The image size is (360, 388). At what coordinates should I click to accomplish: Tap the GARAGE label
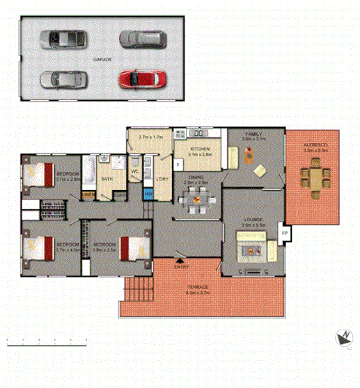tap(102, 60)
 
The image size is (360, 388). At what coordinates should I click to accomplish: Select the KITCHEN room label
tap(200, 150)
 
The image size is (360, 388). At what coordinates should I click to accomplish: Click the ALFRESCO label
tap(315, 144)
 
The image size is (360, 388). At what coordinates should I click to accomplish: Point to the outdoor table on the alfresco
tap(315, 180)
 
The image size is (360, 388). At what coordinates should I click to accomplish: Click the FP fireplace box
tap(284, 233)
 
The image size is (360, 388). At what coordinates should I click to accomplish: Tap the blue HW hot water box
tap(148, 193)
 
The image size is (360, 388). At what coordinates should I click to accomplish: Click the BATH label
tap(107, 179)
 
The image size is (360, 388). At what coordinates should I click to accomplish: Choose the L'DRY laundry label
tap(162, 180)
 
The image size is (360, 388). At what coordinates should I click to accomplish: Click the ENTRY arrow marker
tap(182, 261)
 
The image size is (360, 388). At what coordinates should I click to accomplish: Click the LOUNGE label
tap(252, 220)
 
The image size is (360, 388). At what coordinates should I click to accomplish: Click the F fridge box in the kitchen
tap(178, 164)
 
